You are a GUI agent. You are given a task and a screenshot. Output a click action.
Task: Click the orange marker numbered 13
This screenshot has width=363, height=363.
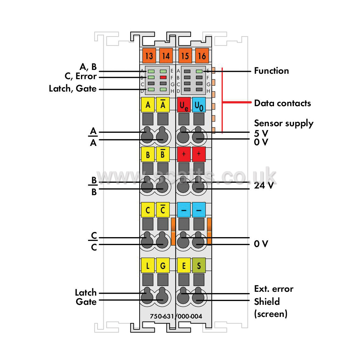(149, 56)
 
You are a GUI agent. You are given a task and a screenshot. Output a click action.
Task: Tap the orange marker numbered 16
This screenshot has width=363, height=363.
(202, 56)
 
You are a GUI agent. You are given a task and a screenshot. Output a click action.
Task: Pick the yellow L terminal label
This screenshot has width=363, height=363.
(147, 265)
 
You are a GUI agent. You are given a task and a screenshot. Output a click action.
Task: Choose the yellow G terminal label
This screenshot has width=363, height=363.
(163, 265)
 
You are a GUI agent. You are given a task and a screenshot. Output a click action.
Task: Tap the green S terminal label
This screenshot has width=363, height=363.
(199, 265)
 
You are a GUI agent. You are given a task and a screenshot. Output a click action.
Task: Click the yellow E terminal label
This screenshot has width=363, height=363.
(184, 265)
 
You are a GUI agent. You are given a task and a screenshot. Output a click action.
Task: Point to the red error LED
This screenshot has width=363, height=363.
(163, 77)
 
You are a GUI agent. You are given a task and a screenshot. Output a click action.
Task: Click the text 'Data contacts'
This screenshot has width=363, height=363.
(282, 103)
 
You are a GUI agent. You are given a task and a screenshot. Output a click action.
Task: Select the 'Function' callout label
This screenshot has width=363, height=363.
(271, 71)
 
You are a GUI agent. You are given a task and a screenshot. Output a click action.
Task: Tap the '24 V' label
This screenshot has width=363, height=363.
(264, 185)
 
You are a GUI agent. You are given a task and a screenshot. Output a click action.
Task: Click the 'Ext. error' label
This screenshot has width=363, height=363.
(274, 289)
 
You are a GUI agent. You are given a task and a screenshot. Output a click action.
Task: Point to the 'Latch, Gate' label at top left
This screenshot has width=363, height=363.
(72, 89)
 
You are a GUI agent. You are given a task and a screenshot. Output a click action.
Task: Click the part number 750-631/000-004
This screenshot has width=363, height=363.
(176, 316)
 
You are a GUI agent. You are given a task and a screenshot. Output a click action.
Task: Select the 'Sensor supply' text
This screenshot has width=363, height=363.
(284, 123)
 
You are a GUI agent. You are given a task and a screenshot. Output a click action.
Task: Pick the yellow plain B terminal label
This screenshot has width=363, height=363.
(147, 154)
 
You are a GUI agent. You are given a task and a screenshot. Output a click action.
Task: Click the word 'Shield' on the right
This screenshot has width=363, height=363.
(267, 302)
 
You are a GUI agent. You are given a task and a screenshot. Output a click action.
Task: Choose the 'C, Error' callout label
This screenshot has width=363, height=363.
(80, 77)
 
